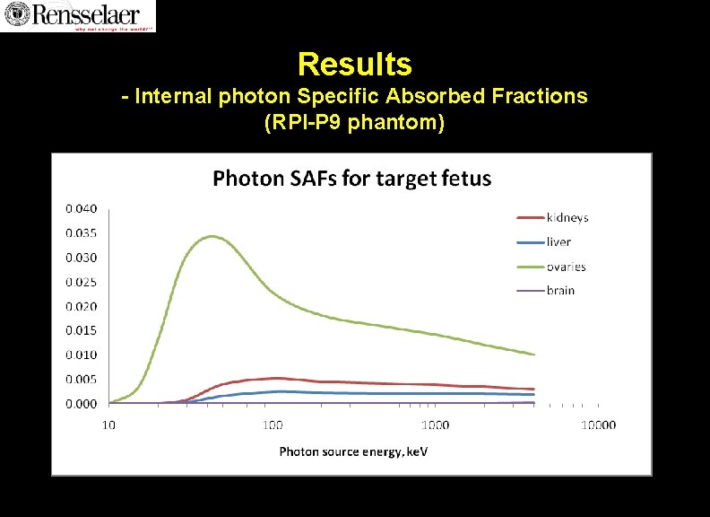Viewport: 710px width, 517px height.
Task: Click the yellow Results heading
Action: (354, 64)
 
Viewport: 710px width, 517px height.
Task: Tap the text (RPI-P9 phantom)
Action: (354, 122)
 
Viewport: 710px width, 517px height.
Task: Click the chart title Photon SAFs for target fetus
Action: (351, 178)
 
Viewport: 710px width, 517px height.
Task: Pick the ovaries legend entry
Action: (566, 267)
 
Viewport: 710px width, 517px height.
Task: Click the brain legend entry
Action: (560, 290)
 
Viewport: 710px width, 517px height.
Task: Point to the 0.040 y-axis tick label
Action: (80, 208)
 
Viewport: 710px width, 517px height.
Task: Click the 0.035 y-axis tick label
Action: (80, 233)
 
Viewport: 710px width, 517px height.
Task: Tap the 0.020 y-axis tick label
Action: (80, 306)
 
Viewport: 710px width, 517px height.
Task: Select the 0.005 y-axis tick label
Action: (80, 379)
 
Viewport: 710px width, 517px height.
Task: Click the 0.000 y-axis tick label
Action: (80, 404)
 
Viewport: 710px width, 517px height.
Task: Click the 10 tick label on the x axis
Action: (108, 425)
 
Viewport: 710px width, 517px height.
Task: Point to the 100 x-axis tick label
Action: (272, 425)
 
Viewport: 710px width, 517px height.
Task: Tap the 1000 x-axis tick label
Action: (435, 425)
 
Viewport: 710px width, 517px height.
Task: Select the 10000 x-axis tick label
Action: (598, 425)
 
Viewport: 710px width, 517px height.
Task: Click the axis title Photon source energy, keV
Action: (353, 451)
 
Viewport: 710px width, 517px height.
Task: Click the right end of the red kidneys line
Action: (534, 389)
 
